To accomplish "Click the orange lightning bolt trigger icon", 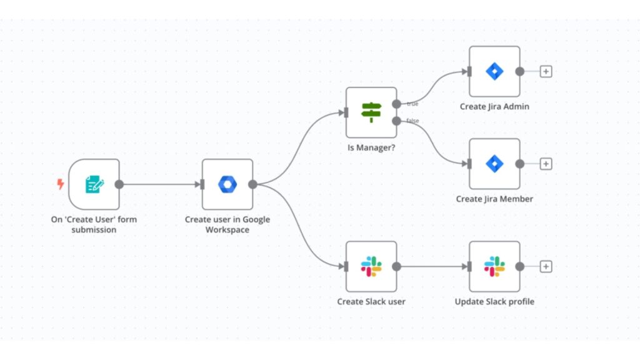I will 61,184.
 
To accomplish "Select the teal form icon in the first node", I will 94,184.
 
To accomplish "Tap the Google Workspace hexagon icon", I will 227,184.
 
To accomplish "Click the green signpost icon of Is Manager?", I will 371,112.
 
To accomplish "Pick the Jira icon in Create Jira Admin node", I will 494,71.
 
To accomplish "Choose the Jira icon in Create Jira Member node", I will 494,164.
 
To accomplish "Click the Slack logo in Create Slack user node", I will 371,267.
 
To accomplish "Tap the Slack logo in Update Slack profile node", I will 494,267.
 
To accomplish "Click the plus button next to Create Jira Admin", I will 546,71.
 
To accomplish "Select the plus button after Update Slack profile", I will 546,267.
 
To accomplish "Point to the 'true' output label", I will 412,104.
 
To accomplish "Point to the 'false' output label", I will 413,121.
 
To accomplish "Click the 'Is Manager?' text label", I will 371,149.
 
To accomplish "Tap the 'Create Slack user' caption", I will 371,302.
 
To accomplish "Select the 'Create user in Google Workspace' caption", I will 227,224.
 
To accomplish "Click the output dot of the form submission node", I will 119,184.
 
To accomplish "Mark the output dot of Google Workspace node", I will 252,184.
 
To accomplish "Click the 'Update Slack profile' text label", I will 494,302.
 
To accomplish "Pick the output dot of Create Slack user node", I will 396,267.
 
